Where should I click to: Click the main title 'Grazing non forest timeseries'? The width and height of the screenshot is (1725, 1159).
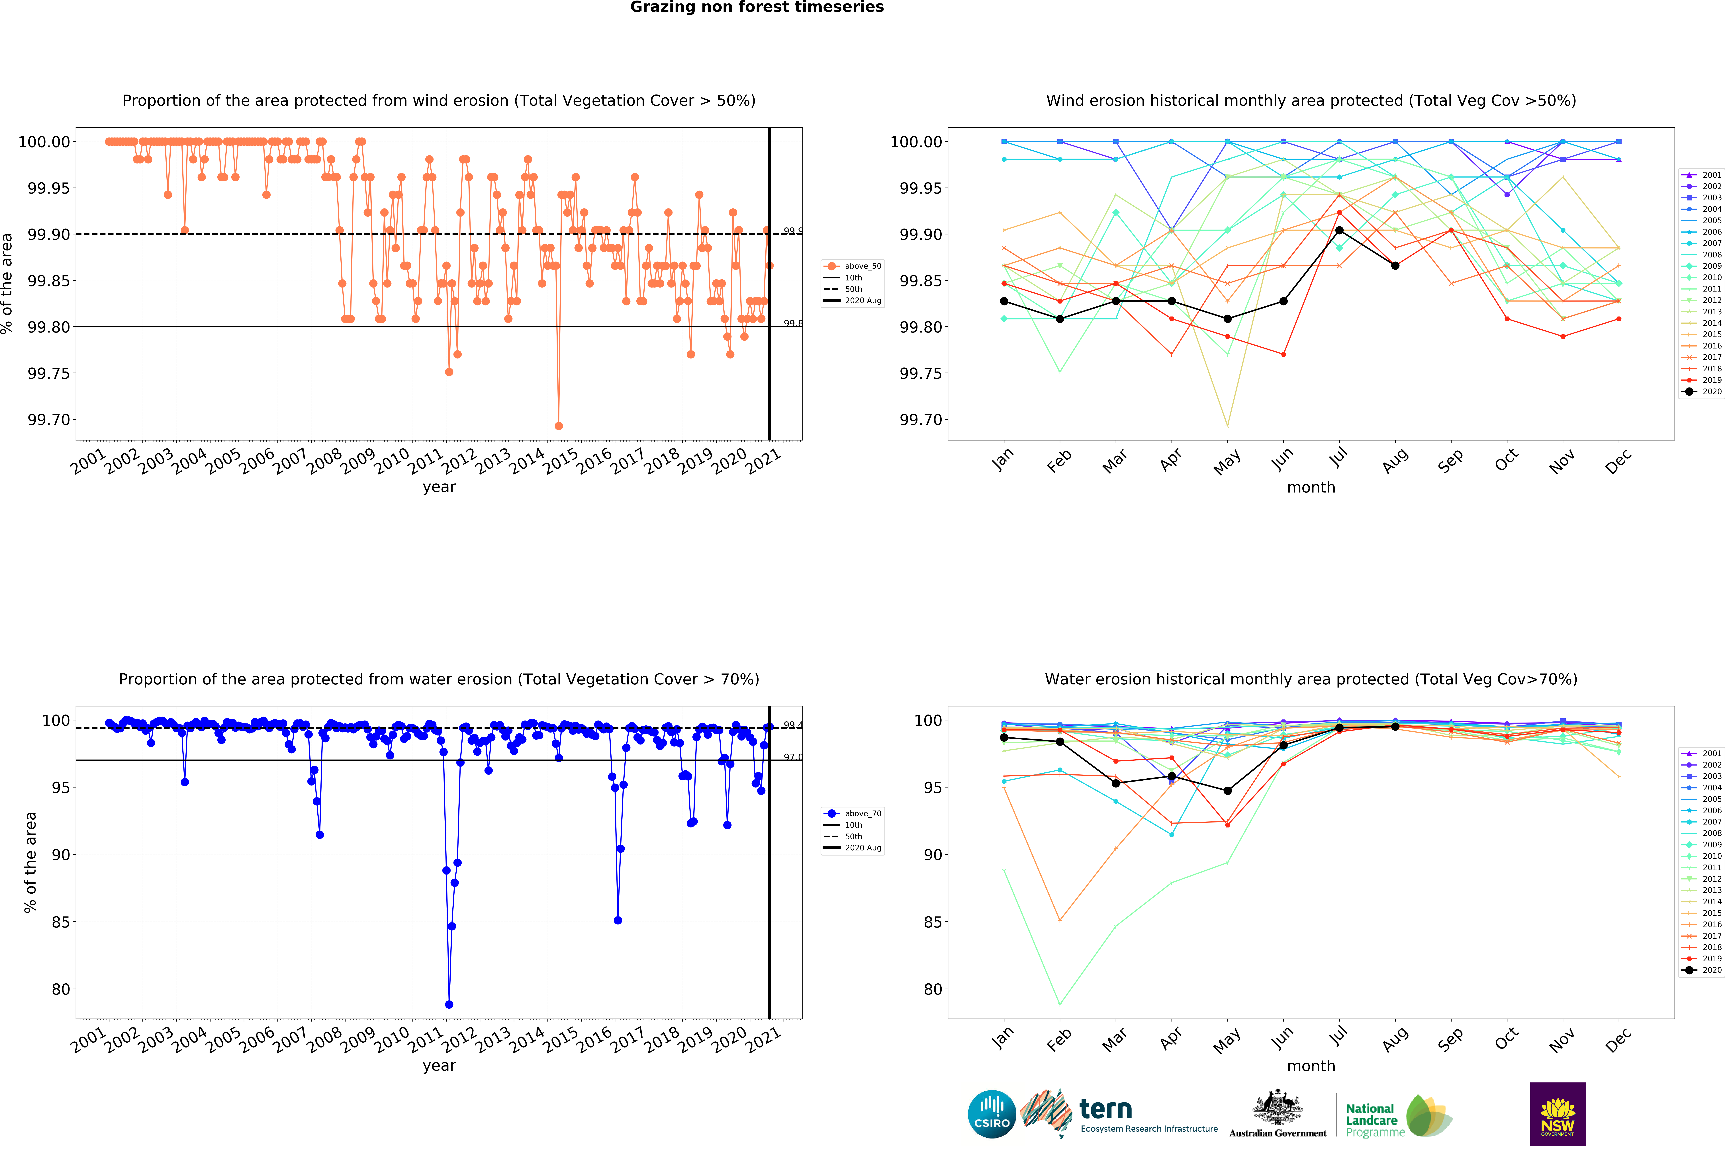pos(756,7)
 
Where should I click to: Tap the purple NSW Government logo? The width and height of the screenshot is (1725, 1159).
pos(1557,1114)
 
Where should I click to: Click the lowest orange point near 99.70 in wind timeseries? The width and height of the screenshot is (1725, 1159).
pos(558,426)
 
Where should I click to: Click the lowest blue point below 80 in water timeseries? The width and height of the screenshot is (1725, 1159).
pos(449,1004)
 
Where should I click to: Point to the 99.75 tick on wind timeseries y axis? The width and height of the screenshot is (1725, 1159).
pos(49,373)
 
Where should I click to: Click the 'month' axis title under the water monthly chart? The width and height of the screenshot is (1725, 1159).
pos(1311,1066)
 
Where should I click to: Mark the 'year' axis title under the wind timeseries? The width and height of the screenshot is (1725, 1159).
pos(439,487)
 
